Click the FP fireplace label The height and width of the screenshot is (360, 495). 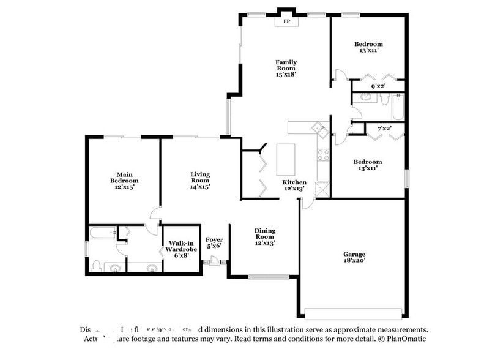(286, 21)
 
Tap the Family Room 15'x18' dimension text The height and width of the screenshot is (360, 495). (286, 74)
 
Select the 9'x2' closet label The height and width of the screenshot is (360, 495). (378, 87)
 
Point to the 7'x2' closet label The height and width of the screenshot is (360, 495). (384, 128)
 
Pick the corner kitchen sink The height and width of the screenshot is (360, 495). (318, 128)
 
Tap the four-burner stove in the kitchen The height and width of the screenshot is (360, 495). (323, 155)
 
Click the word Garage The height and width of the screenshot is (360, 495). (354, 254)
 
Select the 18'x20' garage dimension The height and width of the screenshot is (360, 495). (354, 261)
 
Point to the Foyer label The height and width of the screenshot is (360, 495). (214, 239)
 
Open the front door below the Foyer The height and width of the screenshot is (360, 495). (214, 262)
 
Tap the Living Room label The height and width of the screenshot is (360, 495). (199, 178)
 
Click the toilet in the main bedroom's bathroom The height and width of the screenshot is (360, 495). (96, 265)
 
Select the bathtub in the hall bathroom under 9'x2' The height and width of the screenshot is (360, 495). (398, 107)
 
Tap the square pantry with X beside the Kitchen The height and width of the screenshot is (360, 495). (322, 190)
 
